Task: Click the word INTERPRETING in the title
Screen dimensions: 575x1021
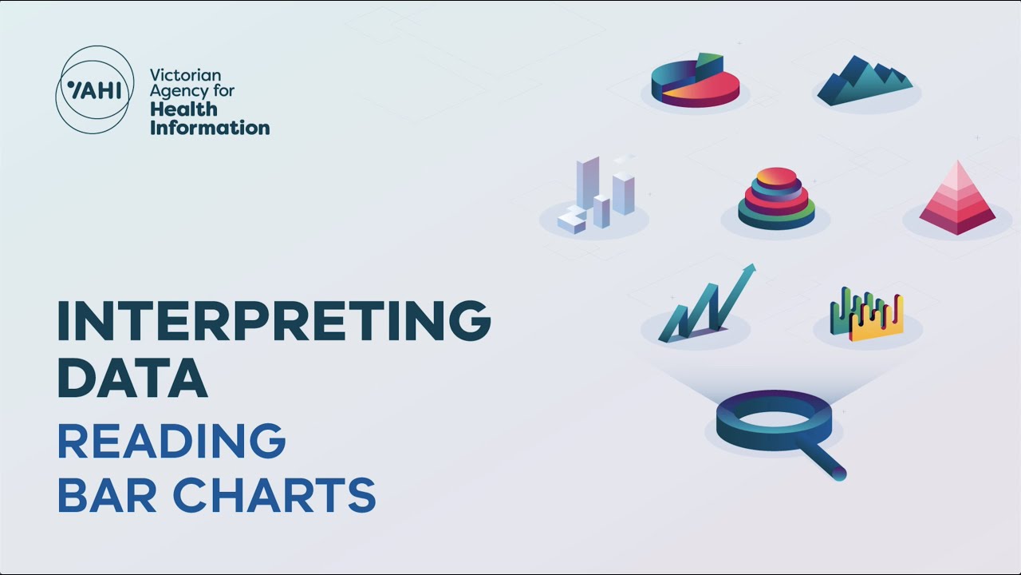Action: [x=274, y=320]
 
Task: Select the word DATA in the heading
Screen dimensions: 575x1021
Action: [x=132, y=379]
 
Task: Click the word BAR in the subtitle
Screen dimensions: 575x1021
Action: [x=107, y=495]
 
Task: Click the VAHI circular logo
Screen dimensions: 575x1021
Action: [x=94, y=89]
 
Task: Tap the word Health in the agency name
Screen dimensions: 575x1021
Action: [x=183, y=109]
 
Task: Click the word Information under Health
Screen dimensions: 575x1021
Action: [x=210, y=128]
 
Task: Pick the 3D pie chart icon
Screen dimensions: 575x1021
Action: [x=695, y=82]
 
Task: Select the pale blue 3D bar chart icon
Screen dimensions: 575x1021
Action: [x=597, y=195]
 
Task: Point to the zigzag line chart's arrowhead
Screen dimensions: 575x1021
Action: [x=749, y=270]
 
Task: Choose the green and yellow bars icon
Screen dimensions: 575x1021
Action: [x=866, y=314]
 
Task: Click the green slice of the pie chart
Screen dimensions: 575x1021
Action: [x=709, y=64]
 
